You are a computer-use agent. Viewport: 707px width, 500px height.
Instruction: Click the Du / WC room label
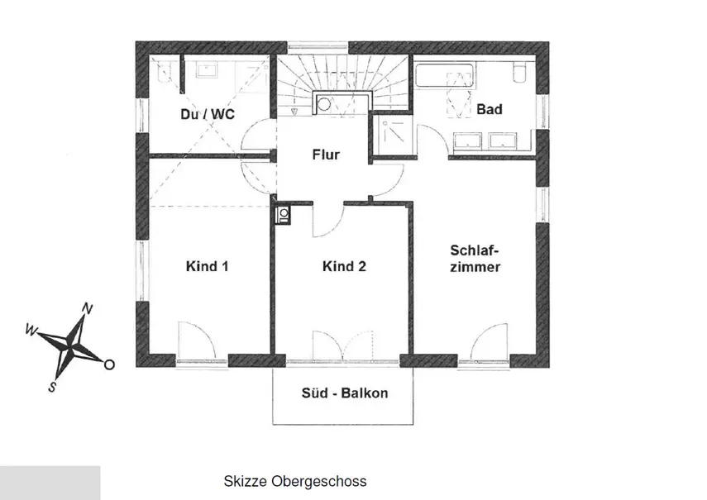(x=208, y=114)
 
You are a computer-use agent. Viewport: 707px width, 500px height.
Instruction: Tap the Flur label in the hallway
(x=326, y=155)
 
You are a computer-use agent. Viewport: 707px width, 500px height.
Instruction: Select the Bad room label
(x=490, y=109)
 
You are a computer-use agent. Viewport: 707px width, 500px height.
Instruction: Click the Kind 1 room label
(x=207, y=266)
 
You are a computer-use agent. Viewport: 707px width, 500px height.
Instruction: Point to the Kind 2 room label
(x=344, y=266)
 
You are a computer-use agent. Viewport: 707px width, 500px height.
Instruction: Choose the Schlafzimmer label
(x=475, y=259)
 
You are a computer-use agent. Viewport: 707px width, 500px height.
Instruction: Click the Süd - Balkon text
(x=345, y=393)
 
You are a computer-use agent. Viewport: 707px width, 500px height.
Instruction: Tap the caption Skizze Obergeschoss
(x=295, y=481)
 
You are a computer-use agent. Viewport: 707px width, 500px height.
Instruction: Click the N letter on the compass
(x=88, y=308)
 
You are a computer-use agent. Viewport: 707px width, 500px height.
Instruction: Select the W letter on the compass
(x=31, y=331)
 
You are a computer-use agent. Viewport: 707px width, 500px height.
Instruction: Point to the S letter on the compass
(x=52, y=387)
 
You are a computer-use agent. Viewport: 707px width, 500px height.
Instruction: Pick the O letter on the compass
(x=109, y=364)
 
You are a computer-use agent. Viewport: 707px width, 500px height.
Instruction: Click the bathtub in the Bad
(x=445, y=75)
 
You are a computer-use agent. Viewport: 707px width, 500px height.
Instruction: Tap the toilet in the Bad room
(x=520, y=73)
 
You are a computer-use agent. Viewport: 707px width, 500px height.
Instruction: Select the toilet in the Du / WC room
(x=164, y=72)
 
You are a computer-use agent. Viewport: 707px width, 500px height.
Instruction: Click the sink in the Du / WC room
(x=207, y=70)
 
